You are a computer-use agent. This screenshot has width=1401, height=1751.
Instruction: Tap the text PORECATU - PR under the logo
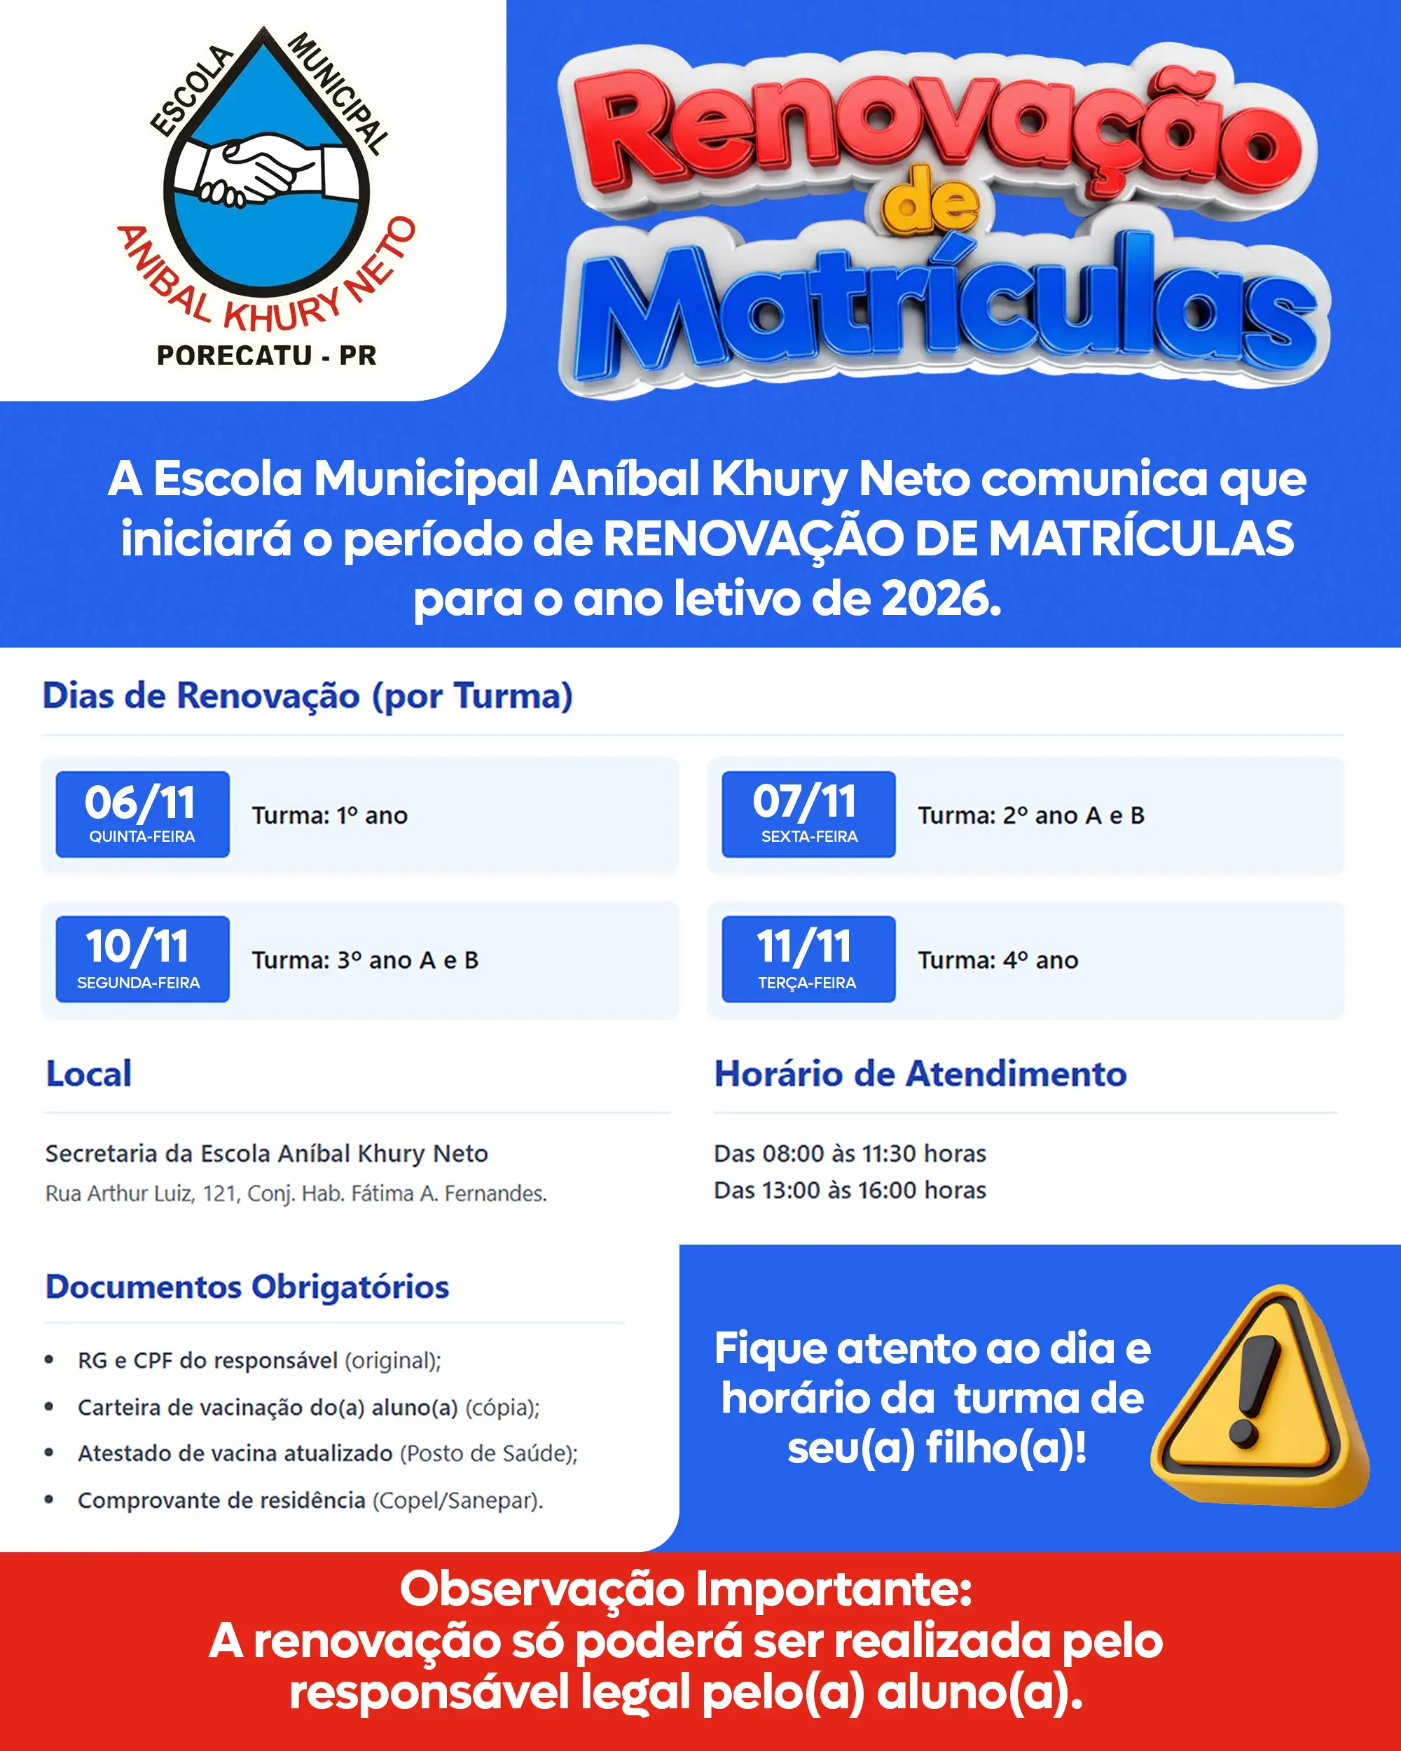(x=266, y=356)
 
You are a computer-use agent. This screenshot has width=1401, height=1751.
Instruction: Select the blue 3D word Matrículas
(x=946, y=312)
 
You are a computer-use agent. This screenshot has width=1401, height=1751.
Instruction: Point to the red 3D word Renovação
(x=934, y=130)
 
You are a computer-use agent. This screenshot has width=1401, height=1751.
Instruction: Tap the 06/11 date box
(x=142, y=814)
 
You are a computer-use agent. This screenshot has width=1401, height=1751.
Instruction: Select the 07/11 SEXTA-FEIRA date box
(x=808, y=814)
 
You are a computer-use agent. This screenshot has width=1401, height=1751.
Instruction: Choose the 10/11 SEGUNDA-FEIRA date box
(x=142, y=959)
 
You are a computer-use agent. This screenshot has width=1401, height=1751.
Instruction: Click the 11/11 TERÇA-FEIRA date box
(x=808, y=959)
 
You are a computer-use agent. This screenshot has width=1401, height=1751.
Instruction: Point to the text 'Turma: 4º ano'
(x=998, y=960)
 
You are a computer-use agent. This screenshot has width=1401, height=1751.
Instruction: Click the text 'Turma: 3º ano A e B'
(x=365, y=960)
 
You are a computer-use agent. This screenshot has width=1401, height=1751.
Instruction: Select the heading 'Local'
(x=88, y=1074)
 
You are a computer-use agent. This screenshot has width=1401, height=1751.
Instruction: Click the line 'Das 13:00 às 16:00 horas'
(x=850, y=1190)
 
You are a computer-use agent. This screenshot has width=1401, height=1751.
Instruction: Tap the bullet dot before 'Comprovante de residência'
(x=50, y=1500)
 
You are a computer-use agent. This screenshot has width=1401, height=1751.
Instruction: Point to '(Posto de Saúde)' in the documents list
(x=488, y=1453)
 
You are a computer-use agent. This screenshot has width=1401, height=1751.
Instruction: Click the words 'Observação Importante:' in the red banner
(x=686, y=1588)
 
